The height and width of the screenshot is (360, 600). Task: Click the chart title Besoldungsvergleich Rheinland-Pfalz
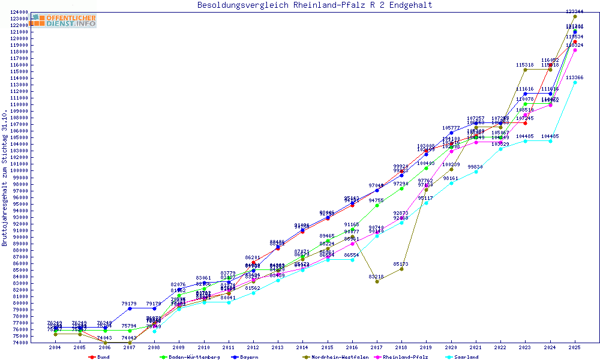click(314, 5)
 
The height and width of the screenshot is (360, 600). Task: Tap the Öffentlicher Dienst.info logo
click(64, 20)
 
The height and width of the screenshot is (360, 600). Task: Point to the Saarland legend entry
click(466, 357)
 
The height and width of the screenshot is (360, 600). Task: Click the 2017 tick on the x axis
click(376, 347)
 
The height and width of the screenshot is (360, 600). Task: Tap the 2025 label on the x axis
click(575, 347)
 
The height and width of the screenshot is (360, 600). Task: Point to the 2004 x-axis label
click(55, 347)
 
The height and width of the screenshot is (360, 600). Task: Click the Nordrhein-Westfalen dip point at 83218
click(377, 281)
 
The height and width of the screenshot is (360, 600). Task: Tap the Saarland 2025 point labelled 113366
click(575, 82)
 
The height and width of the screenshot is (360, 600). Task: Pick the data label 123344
click(575, 12)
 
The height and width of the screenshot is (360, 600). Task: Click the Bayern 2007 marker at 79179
click(130, 308)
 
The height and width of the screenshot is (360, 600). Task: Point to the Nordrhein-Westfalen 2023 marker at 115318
click(525, 70)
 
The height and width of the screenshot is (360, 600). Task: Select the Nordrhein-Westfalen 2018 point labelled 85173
click(401, 268)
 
